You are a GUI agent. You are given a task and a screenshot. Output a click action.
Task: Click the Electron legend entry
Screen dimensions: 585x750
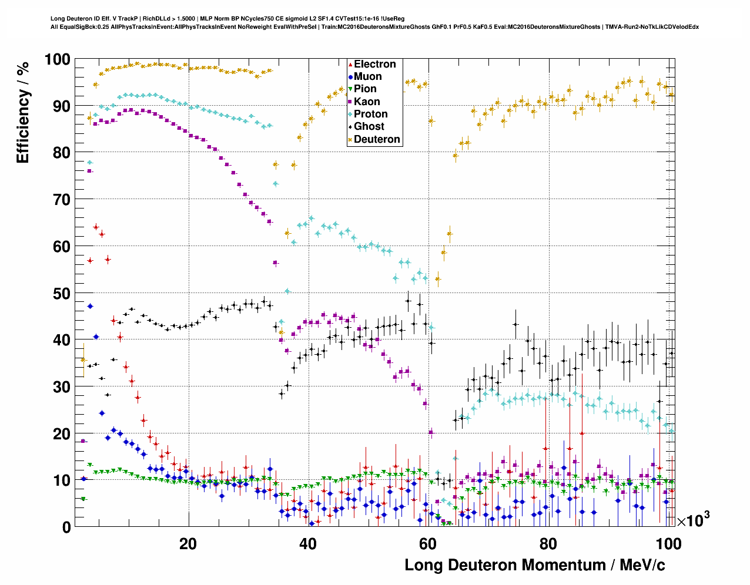tap(374, 65)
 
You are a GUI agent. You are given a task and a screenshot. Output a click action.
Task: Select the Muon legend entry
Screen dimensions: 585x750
tap(367, 77)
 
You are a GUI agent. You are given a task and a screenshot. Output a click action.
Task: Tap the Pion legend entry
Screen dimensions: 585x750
tap(365, 89)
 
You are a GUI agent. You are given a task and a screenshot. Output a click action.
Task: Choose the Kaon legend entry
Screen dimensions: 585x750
tap(367, 102)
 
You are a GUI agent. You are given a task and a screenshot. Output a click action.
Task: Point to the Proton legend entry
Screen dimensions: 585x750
tap(370, 114)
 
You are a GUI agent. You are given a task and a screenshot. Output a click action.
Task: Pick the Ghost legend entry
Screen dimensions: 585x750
tap(369, 126)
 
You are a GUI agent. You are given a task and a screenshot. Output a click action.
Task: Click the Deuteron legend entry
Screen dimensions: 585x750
tap(377, 139)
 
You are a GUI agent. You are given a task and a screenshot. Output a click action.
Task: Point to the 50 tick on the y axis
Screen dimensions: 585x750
tap(61, 294)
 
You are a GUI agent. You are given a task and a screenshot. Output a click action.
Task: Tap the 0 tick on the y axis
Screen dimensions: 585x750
tap(66, 527)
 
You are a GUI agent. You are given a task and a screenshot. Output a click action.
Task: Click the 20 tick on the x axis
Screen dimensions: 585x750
tap(188, 544)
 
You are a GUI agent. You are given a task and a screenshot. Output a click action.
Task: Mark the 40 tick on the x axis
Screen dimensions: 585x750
tap(308, 544)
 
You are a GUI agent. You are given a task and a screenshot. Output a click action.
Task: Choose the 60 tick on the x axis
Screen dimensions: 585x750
tap(428, 544)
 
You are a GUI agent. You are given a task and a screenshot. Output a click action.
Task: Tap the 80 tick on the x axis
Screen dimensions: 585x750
tap(548, 544)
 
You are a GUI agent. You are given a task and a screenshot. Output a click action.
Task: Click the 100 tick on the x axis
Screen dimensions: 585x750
tap(668, 544)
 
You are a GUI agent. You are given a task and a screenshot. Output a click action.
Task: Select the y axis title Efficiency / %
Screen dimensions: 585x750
tap(23, 112)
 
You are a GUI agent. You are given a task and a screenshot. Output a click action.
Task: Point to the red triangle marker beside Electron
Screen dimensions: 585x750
tap(350, 65)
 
